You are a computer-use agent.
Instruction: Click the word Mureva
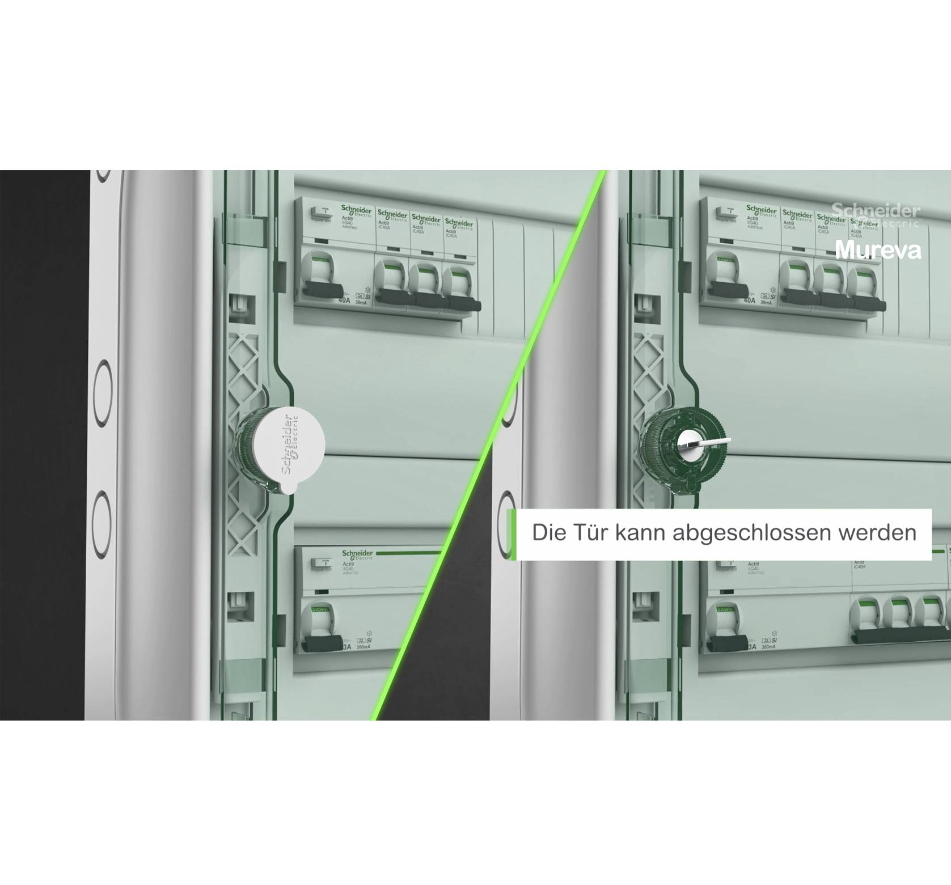coord(877,250)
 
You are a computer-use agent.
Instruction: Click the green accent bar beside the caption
coord(512,535)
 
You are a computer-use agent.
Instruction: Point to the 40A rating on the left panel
coord(344,300)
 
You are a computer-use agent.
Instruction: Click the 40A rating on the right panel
coord(749,300)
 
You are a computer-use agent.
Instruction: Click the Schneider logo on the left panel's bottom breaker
coord(357,554)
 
